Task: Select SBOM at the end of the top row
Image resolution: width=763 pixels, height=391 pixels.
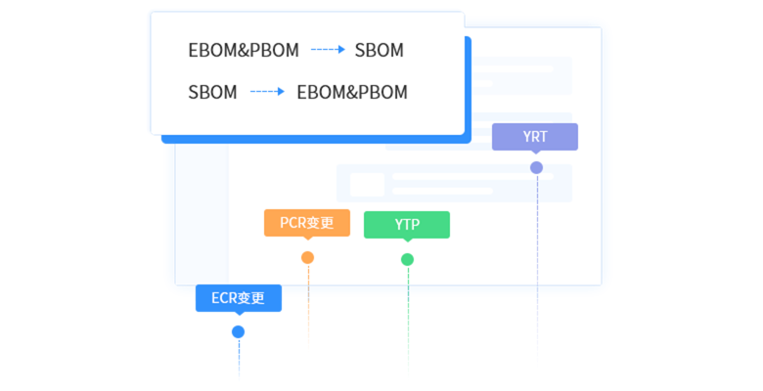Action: click(379, 51)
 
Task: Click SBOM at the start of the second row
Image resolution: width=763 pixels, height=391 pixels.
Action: click(212, 93)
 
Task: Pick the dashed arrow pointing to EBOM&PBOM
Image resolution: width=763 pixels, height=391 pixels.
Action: click(266, 93)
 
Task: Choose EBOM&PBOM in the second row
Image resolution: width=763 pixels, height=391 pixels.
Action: click(352, 93)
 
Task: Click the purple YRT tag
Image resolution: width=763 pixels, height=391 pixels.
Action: click(535, 137)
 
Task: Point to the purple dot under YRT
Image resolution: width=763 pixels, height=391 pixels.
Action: click(536, 167)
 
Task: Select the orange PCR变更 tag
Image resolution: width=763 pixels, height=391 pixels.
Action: click(307, 223)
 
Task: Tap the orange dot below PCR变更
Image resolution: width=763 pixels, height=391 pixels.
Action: click(307, 258)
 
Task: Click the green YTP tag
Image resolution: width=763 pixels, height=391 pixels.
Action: click(407, 225)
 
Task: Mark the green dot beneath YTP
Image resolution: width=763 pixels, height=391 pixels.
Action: click(407, 259)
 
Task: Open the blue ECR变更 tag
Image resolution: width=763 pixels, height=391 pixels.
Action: click(239, 298)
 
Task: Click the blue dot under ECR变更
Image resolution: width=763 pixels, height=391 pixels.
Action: click(238, 332)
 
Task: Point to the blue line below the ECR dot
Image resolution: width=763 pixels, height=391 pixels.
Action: click(238, 362)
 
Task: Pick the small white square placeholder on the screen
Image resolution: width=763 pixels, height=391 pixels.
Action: click(368, 184)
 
